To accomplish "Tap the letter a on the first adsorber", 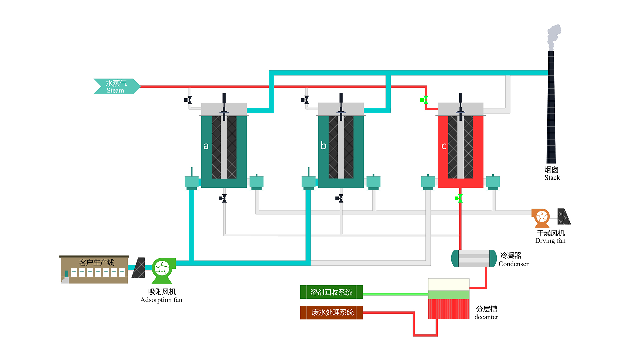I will (206, 146).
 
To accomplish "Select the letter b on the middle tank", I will (323, 145).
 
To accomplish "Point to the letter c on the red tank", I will (444, 146).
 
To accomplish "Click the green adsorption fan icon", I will (162, 269).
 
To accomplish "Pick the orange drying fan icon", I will (541, 217).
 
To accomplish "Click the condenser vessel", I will (474, 258).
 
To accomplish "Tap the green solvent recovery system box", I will (331, 292).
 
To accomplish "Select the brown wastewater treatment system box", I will (331, 313).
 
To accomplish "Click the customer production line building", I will (94, 270).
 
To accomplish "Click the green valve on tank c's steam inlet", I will (424, 100).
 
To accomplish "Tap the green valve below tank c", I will (459, 198).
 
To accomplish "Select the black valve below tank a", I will (223, 198).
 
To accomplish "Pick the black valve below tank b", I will (340, 198).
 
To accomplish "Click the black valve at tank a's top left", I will (188, 100).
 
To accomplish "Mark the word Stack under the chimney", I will (552, 178).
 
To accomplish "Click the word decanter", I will (486, 317).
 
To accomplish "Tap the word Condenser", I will (513, 264).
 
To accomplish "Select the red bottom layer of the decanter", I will (449, 309).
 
